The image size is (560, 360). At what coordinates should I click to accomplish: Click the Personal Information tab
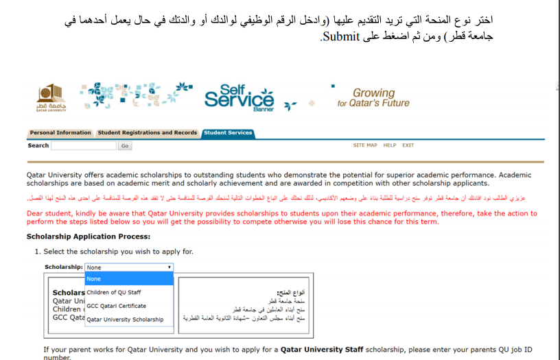[x=60, y=133]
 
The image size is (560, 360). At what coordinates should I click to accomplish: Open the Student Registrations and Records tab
[x=148, y=133]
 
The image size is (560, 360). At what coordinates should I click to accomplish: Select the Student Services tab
[x=228, y=133]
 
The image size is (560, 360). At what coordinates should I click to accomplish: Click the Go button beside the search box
[x=125, y=146]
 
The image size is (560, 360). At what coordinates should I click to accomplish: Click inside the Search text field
[x=84, y=146]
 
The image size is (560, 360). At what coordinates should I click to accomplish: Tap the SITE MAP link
[x=365, y=145]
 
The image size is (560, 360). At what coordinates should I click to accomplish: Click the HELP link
[x=390, y=145]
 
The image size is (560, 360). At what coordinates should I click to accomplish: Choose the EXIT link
[x=408, y=145]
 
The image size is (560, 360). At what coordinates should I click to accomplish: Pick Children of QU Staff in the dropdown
[x=114, y=293]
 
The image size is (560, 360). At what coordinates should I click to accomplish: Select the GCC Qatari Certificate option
[x=116, y=306]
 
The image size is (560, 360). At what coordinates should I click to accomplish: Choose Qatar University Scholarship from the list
[x=125, y=320]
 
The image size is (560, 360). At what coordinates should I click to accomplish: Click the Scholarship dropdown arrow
[x=169, y=267]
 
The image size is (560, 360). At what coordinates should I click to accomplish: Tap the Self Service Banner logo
[x=239, y=98]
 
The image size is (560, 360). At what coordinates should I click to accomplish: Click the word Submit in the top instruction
[x=342, y=36]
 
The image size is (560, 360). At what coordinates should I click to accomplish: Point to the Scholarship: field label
[x=64, y=267]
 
